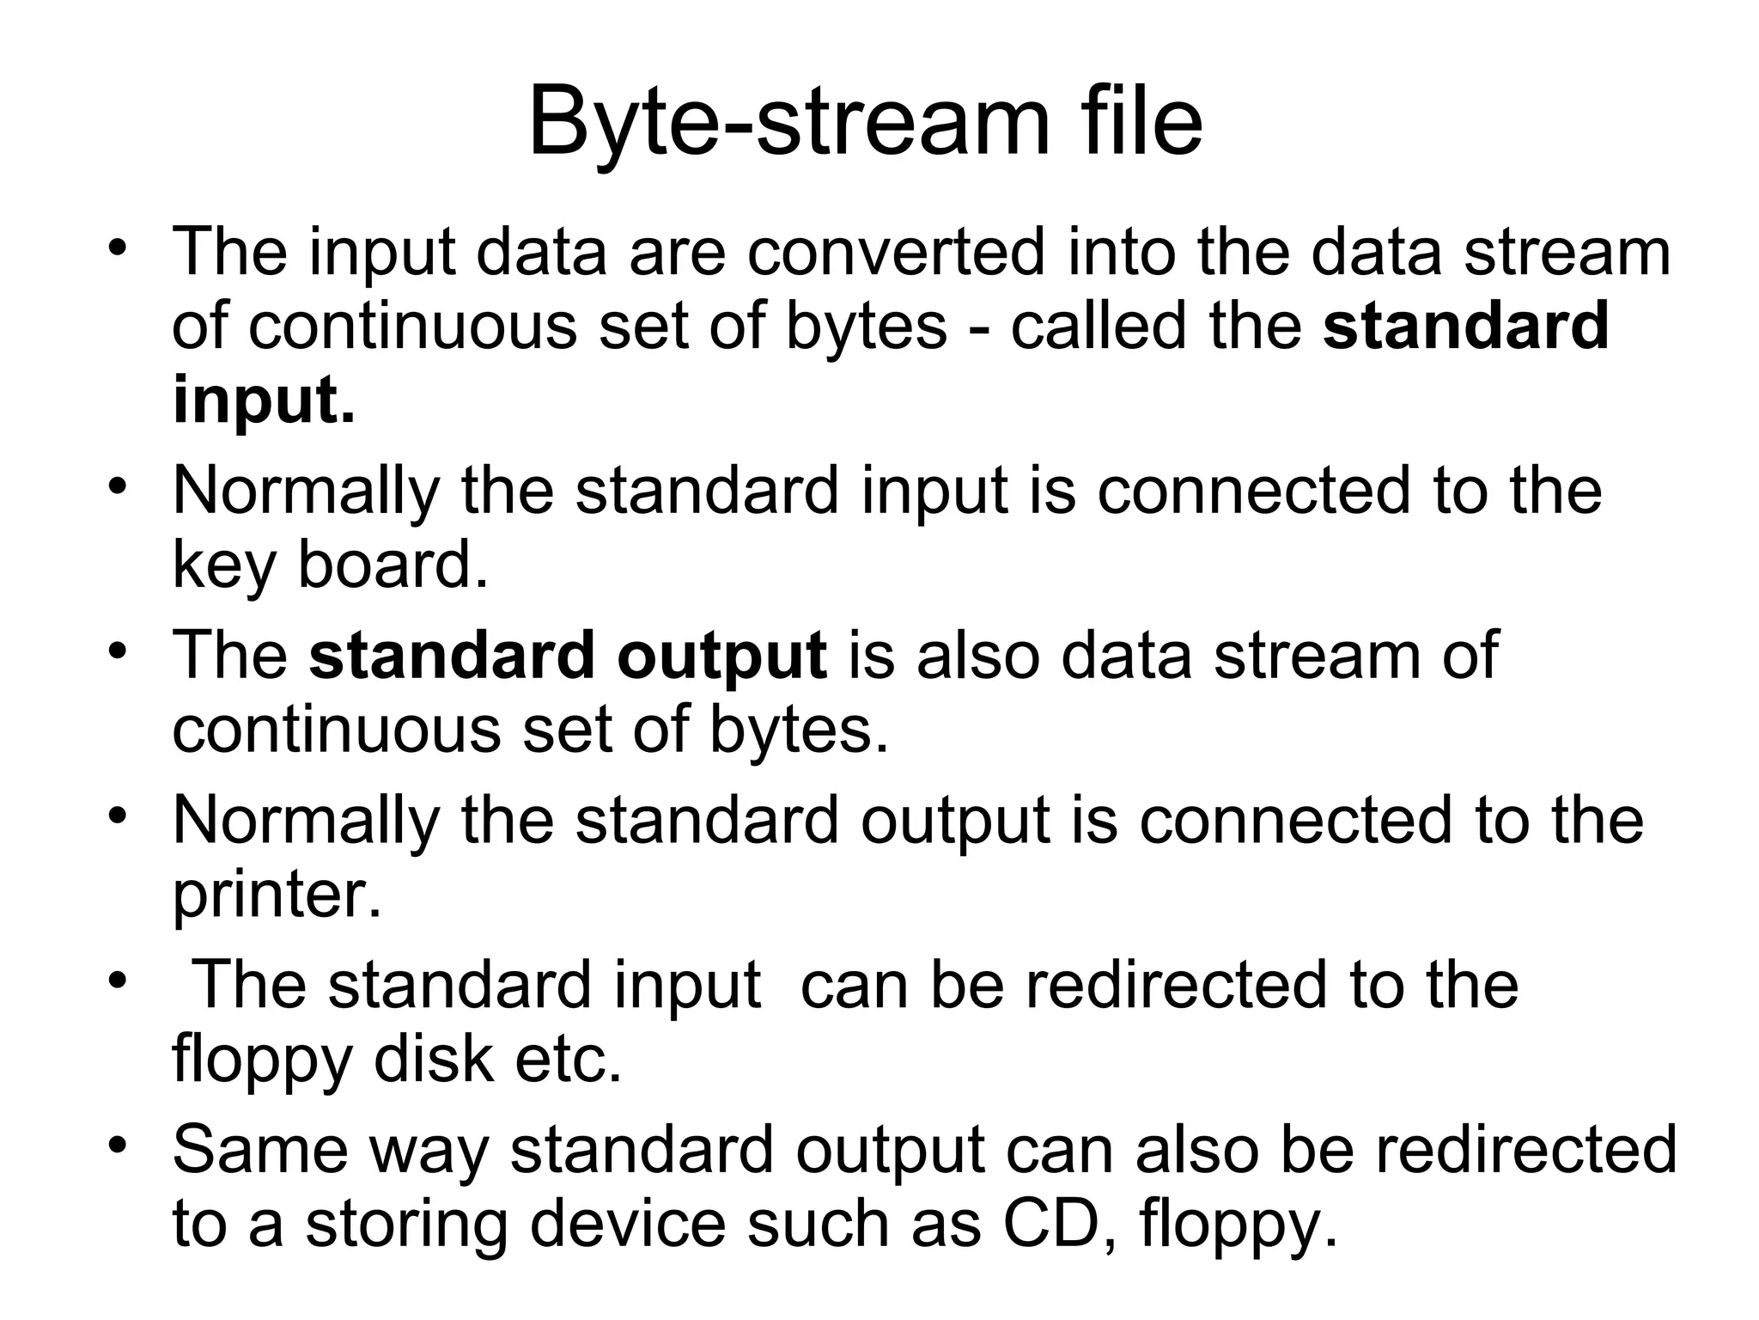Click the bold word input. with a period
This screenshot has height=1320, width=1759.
pos(263,400)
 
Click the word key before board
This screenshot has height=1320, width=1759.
pos(224,566)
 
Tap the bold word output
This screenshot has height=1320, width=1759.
pos(721,657)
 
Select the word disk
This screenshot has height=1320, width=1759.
pos(433,1059)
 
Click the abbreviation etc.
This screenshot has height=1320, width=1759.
pos(567,1059)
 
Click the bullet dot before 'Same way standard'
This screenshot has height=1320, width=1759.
pos(118,1145)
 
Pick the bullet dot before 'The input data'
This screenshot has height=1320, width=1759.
pos(118,247)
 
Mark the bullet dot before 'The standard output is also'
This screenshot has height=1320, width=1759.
pos(118,651)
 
